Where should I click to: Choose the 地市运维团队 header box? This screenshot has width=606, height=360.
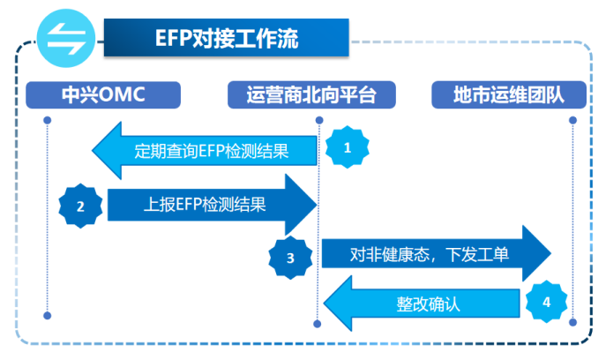point(508,94)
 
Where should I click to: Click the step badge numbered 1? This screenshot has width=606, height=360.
point(347,148)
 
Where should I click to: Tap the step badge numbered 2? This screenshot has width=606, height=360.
point(80,207)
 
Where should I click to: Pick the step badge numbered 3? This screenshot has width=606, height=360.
point(291,259)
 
